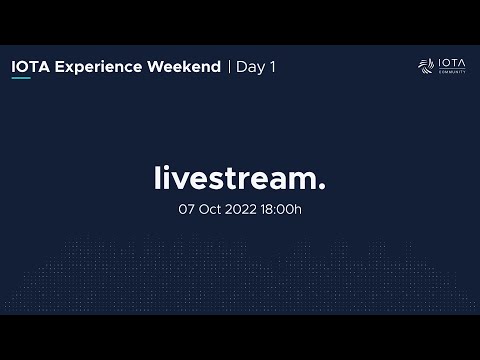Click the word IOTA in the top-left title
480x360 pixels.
[x=27, y=67]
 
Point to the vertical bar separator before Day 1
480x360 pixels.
[x=229, y=67]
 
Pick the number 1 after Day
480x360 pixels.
[x=271, y=67]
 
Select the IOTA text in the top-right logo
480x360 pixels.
[x=451, y=63]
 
